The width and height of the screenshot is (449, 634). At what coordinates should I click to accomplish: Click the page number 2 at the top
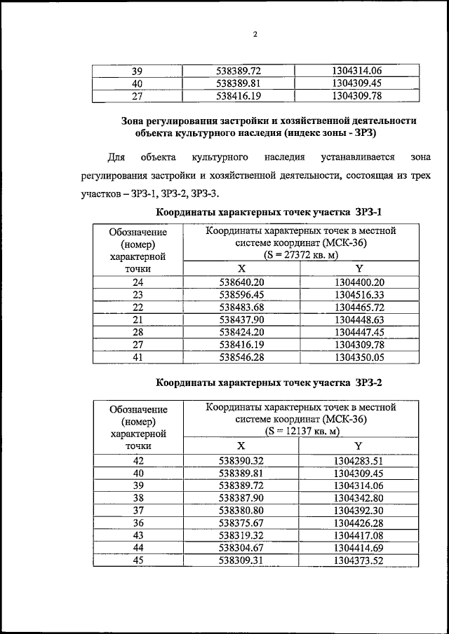[x=255, y=34]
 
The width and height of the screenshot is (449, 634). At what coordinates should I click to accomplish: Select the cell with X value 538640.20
[x=241, y=282]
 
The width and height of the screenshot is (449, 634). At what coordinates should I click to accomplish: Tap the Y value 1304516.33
[x=359, y=295]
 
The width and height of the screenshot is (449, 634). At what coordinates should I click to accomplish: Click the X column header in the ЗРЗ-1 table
[x=241, y=269]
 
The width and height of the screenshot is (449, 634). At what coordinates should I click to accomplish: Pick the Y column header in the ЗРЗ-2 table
[x=358, y=446]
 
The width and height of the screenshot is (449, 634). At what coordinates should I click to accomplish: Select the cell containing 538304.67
[x=241, y=547]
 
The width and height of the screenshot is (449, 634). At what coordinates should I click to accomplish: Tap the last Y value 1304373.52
[x=358, y=560]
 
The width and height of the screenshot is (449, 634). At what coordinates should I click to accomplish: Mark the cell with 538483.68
[x=241, y=307]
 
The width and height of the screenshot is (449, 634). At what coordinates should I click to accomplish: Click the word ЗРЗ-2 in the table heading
[x=368, y=383]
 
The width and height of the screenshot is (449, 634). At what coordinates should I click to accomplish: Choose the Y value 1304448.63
[x=359, y=319]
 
